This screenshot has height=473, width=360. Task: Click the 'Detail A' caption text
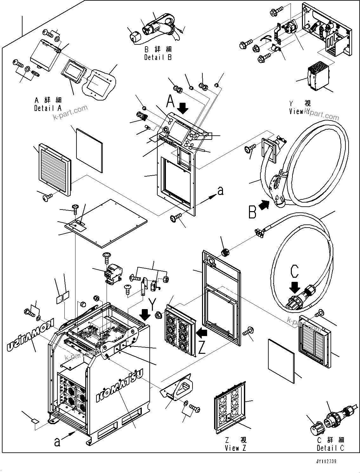(48, 108)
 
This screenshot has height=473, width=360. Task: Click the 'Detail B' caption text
(158, 57)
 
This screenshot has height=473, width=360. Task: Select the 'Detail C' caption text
(330, 448)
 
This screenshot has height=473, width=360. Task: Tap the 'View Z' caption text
(235, 448)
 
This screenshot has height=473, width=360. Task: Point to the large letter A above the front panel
(171, 102)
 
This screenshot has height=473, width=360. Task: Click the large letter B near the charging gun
(252, 212)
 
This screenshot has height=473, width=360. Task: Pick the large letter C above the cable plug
(295, 271)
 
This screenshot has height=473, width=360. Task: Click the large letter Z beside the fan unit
(202, 348)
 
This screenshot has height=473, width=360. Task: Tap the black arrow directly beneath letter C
(295, 287)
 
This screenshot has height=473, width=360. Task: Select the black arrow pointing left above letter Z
(202, 333)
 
